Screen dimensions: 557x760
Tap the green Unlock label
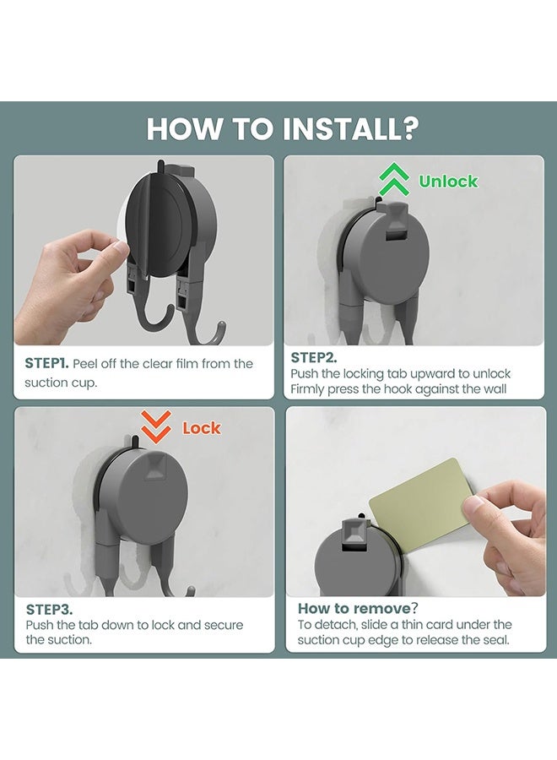(448, 182)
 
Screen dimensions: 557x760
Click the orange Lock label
(202, 428)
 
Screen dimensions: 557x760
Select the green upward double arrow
(393, 179)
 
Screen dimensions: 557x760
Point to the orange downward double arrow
(156, 427)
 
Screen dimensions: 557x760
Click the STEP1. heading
(46, 363)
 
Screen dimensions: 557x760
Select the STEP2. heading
(313, 358)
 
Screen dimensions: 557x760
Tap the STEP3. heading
(49, 609)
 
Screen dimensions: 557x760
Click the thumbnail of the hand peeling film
(143, 250)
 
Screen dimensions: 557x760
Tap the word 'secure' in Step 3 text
(224, 625)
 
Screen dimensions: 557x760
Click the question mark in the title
(411, 129)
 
